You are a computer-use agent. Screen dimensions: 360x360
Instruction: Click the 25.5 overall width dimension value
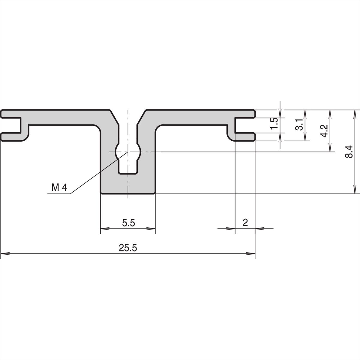tap(128, 248)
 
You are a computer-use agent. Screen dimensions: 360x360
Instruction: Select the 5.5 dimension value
tap(128, 223)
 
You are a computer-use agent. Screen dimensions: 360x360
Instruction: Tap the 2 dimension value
tap(245, 223)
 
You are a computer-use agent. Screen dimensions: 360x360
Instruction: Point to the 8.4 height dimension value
tap(349, 152)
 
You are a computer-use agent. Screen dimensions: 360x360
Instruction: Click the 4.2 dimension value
tap(324, 131)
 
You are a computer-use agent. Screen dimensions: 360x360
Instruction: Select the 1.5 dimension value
tap(274, 124)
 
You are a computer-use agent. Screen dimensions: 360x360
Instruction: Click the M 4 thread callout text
tap(59, 188)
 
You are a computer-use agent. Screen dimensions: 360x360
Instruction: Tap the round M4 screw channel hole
tap(128, 152)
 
